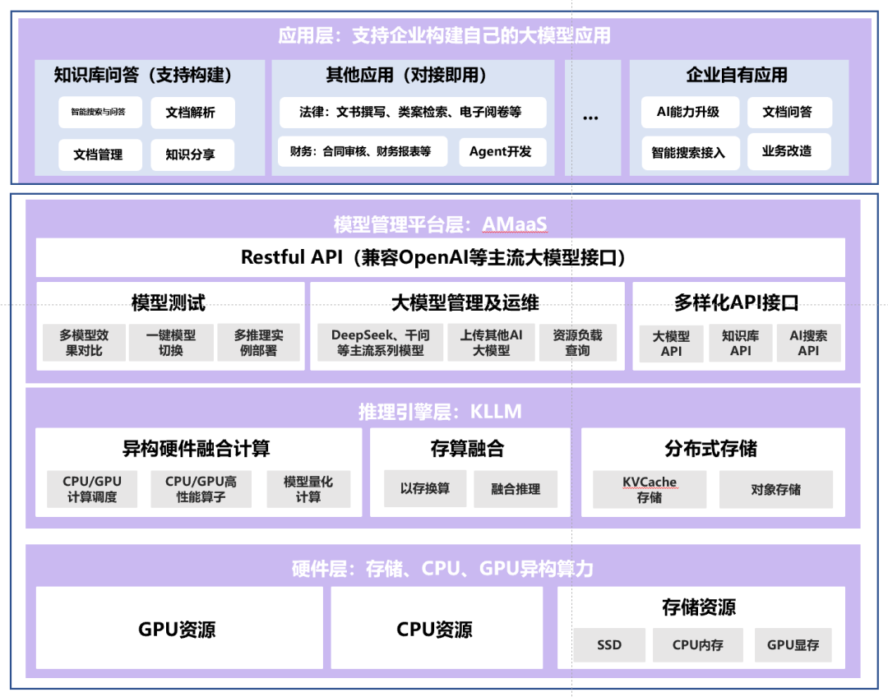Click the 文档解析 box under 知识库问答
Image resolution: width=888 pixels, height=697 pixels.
(192, 113)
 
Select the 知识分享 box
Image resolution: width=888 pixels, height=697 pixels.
(192, 155)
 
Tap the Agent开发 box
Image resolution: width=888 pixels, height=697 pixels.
(500, 152)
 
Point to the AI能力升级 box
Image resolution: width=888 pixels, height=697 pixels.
(690, 112)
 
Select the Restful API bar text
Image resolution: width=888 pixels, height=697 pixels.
(440, 257)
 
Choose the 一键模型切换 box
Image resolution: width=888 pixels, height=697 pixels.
(171, 343)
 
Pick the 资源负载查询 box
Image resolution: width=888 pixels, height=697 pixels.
(577, 343)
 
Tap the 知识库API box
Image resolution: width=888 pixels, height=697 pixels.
(740, 344)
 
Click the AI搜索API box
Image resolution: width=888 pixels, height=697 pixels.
(808, 344)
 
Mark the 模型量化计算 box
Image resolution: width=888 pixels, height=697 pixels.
(308, 489)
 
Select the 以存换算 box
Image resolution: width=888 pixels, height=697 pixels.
(425, 488)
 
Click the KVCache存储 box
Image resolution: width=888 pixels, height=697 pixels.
(650, 490)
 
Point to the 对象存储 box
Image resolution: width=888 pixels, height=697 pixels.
(775, 489)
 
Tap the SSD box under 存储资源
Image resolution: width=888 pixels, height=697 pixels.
(609, 645)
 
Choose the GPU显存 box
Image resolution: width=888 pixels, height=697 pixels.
(793, 645)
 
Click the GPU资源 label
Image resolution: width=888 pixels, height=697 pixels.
(178, 630)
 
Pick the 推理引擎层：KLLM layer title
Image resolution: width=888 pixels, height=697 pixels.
(440, 412)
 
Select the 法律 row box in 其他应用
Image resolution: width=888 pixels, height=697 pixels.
(410, 112)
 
